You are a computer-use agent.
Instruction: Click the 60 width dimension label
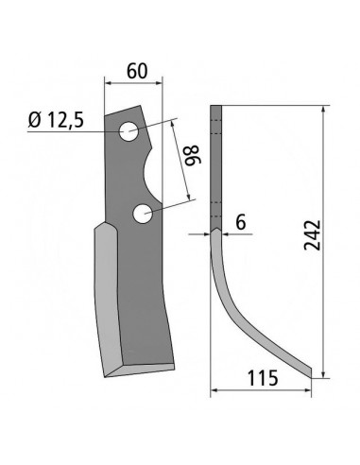pos(137,71)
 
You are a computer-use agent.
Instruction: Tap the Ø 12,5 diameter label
pos(56,120)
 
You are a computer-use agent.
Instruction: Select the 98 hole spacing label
pos(191,155)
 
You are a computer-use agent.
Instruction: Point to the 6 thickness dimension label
pos(241,223)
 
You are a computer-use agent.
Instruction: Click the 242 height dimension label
pos(312,235)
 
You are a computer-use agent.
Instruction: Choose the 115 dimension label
pos(263,378)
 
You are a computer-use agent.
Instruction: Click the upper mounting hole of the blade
pos(129,131)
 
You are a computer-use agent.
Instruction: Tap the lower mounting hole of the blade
pos(143,214)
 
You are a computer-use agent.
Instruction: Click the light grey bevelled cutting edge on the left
pos(108,300)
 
